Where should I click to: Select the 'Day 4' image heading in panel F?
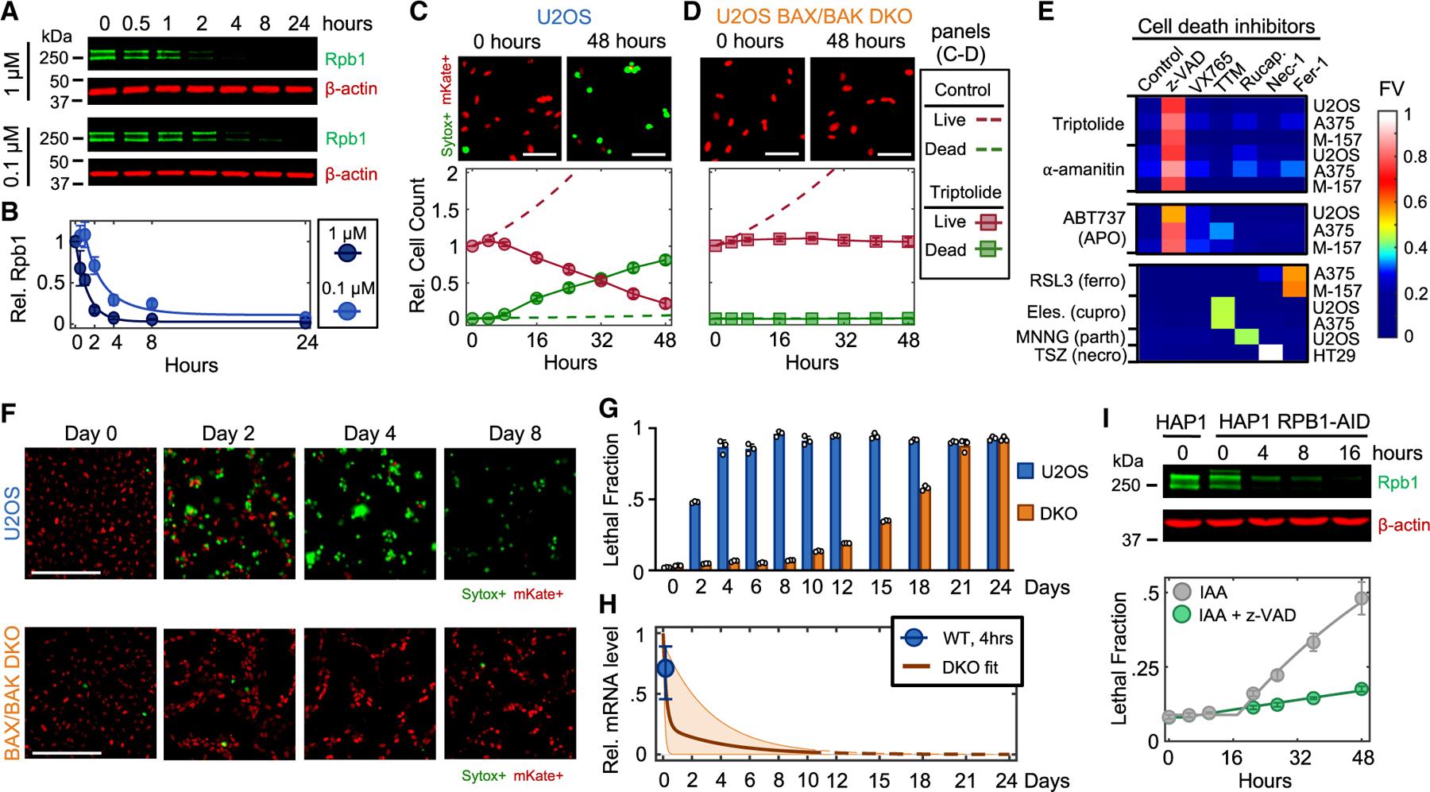tap(368, 435)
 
